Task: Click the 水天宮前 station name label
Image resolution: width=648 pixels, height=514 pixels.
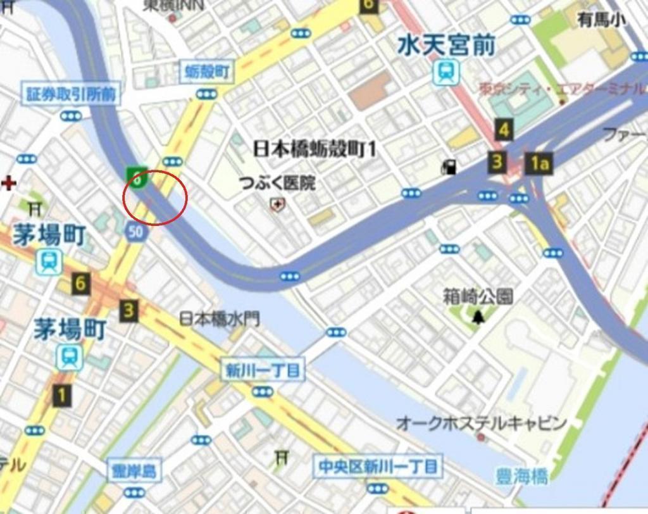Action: [x=446, y=46]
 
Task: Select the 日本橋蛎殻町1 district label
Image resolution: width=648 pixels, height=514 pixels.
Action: [x=315, y=149]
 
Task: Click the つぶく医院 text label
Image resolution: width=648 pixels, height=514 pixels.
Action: [x=277, y=184]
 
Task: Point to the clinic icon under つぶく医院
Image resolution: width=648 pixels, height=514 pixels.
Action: [x=277, y=204]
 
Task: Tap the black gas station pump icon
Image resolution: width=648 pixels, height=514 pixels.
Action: [x=449, y=167]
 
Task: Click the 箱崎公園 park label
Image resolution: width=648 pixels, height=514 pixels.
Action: [x=478, y=296]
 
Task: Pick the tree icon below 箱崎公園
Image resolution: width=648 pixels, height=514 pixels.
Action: [x=478, y=316]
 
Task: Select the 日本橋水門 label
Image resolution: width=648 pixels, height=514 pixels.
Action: [x=220, y=318]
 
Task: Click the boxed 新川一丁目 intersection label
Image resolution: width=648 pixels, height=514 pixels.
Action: [x=263, y=370]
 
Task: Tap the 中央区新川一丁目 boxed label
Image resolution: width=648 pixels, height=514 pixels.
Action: [x=378, y=467]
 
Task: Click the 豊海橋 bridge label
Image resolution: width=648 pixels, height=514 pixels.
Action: [x=522, y=476]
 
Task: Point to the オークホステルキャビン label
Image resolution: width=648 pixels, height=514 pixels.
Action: [x=481, y=423]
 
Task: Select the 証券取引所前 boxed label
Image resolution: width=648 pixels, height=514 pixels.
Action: [x=72, y=94]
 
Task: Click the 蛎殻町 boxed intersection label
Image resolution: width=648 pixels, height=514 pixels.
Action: [x=207, y=73]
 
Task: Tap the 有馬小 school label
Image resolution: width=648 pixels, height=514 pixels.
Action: [x=602, y=20]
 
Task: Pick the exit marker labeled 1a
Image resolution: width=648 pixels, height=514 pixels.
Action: [x=539, y=164]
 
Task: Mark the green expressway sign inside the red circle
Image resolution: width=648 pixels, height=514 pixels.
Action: [x=137, y=178]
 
